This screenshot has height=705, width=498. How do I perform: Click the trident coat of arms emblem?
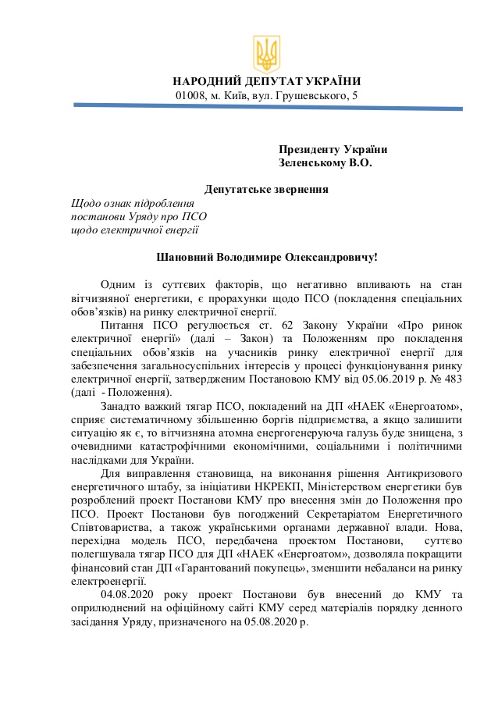[266, 54]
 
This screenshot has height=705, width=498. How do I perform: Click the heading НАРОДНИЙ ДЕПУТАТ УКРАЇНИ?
[266, 81]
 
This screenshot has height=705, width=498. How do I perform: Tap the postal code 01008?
[190, 95]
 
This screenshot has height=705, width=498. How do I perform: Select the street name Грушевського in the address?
[318, 95]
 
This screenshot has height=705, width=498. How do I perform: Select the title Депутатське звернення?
[266, 189]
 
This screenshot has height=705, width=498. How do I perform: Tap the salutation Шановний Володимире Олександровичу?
[266, 257]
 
